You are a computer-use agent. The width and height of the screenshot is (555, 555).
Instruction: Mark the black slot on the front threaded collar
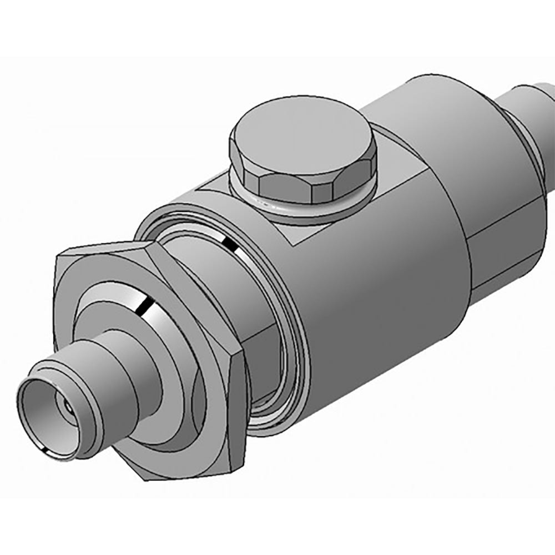[x=145, y=304]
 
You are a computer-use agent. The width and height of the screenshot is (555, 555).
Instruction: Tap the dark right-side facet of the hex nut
[x=236, y=411]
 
